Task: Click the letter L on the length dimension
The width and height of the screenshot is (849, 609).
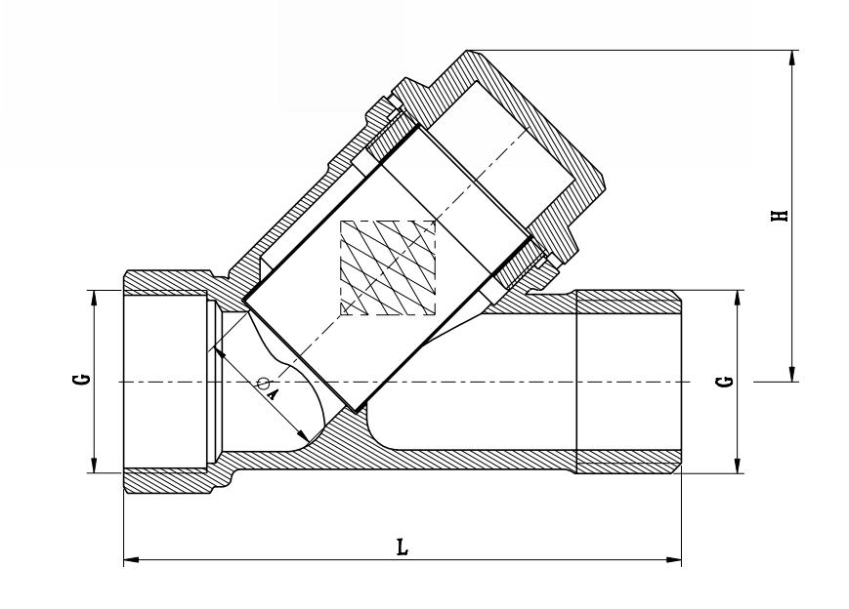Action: [x=402, y=548]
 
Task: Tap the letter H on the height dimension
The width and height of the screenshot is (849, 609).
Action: [x=779, y=215]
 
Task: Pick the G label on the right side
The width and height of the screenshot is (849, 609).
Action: [x=723, y=380]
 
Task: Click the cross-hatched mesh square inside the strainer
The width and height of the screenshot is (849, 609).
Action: [x=387, y=267]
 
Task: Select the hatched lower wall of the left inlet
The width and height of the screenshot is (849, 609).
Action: [x=166, y=481]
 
